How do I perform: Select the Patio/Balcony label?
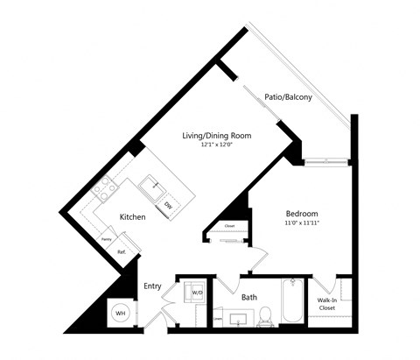pyautogui.click(x=288, y=96)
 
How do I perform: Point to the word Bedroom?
pyautogui.click(x=302, y=214)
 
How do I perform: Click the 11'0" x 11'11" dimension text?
pyautogui.click(x=302, y=223)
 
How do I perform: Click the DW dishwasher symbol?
pyautogui.click(x=167, y=204)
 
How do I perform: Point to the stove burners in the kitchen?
pyautogui.click(x=105, y=187)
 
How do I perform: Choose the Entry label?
pyautogui.click(x=152, y=286)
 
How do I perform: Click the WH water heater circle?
pyautogui.click(x=118, y=313)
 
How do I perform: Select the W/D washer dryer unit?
pyautogui.click(x=197, y=292)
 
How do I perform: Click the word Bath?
pyautogui.click(x=249, y=298)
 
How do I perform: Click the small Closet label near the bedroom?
pyautogui.click(x=229, y=226)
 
